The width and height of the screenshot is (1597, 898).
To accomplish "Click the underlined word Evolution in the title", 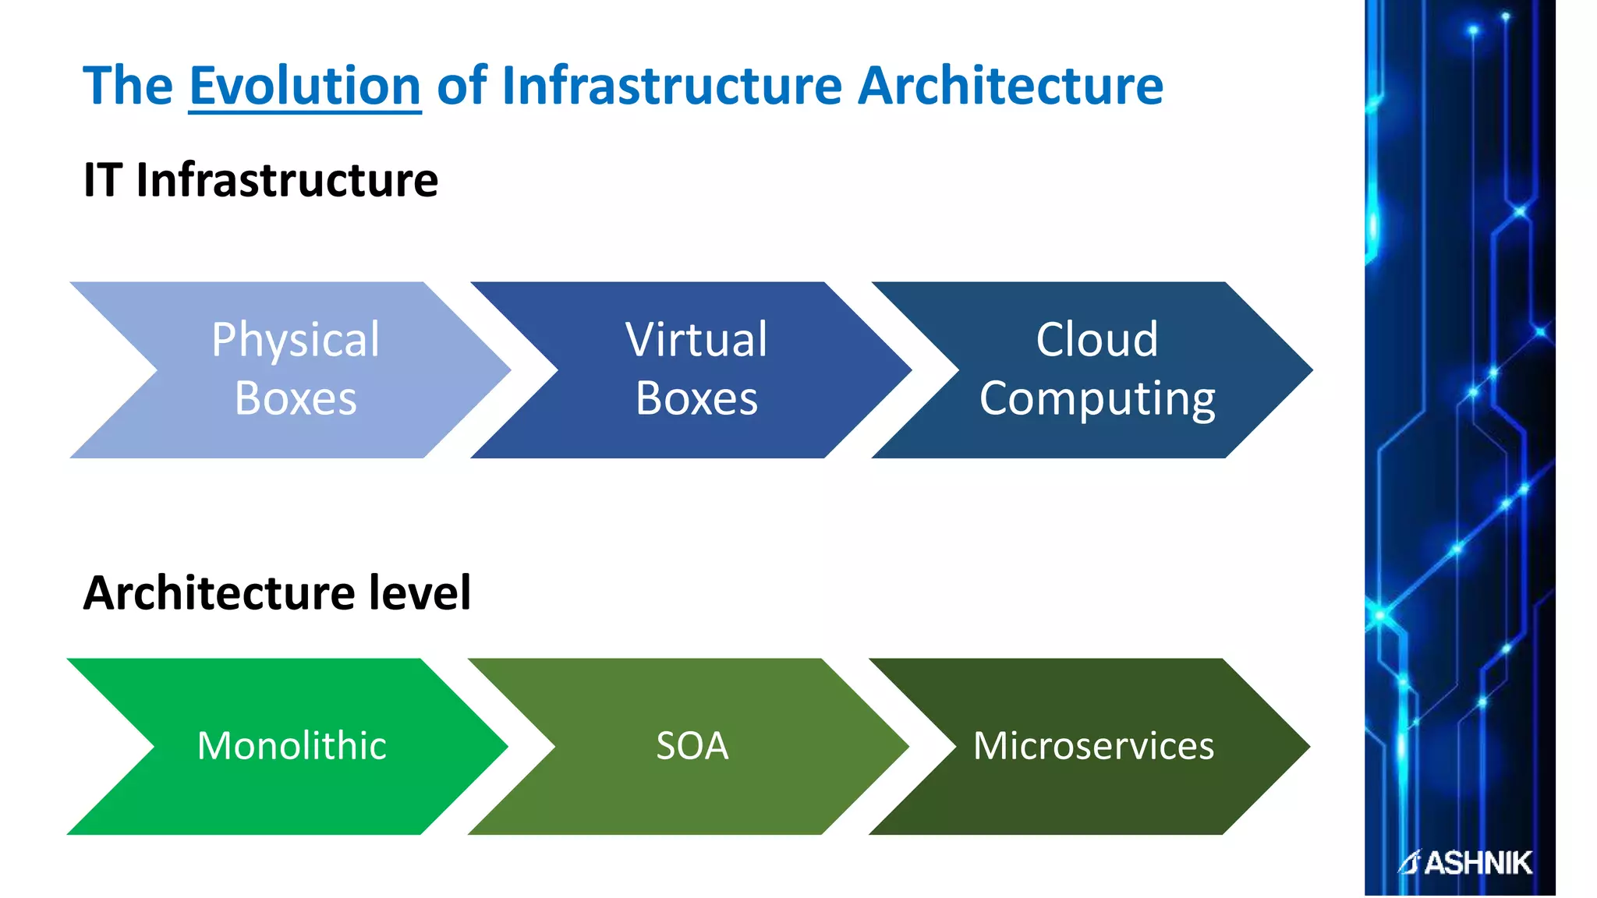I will pos(305,86).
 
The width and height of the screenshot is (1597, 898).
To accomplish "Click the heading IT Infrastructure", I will pos(260,180).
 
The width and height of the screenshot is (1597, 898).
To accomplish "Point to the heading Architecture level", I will pos(277,593).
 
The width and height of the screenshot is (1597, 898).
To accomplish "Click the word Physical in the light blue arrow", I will pos(296,340).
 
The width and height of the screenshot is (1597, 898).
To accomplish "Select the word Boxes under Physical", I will pos(296,398).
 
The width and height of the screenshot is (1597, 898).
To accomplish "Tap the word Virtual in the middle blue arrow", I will pos(696,340).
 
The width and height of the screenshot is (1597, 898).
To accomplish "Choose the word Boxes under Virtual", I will pos(696,398).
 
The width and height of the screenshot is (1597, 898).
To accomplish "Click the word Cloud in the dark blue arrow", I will pos(1097,340).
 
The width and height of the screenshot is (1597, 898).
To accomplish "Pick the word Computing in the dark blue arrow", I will pos(1097,400).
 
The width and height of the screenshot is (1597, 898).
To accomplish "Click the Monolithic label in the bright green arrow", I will pos(292,746).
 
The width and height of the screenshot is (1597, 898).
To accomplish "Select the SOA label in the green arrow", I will pos(692,746).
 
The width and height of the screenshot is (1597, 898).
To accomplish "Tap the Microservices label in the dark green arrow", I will pos(1093,746).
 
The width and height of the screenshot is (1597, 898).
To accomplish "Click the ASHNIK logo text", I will pos(1477,863).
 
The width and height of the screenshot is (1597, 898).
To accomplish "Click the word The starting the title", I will pos(128,86).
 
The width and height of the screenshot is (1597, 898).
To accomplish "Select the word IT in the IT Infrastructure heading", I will pos(103,180).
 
